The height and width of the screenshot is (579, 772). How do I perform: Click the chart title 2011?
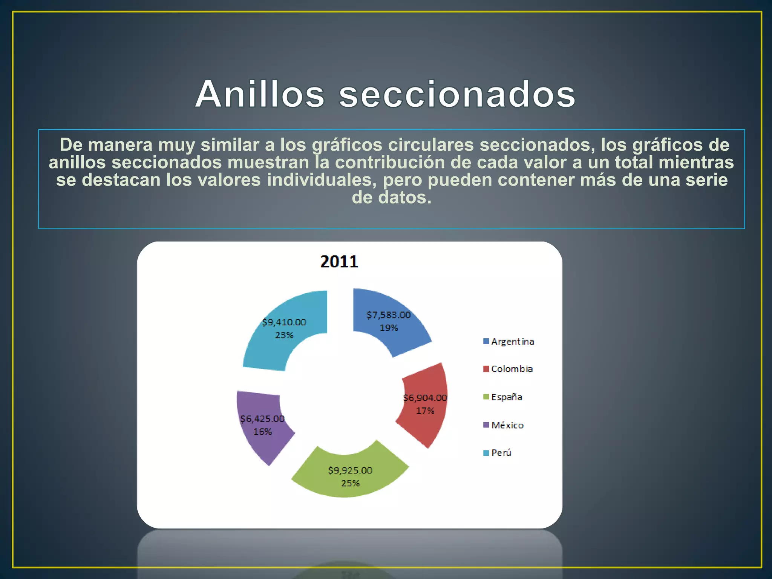pyautogui.click(x=339, y=262)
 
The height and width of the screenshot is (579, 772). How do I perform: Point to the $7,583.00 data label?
pyautogui.click(x=388, y=315)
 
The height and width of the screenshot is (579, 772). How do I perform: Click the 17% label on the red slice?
pyautogui.click(x=425, y=411)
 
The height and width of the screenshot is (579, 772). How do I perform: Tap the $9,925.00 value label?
pyautogui.click(x=350, y=470)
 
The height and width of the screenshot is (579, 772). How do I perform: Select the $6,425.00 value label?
pyautogui.click(x=262, y=419)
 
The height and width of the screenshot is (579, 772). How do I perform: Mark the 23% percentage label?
pyautogui.click(x=284, y=335)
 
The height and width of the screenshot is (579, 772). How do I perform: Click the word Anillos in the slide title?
pyautogui.click(x=260, y=94)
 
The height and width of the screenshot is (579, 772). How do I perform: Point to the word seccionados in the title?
pyautogui.click(x=457, y=94)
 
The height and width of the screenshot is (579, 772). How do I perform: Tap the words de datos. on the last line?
pyautogui.click(x=391, y=197)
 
